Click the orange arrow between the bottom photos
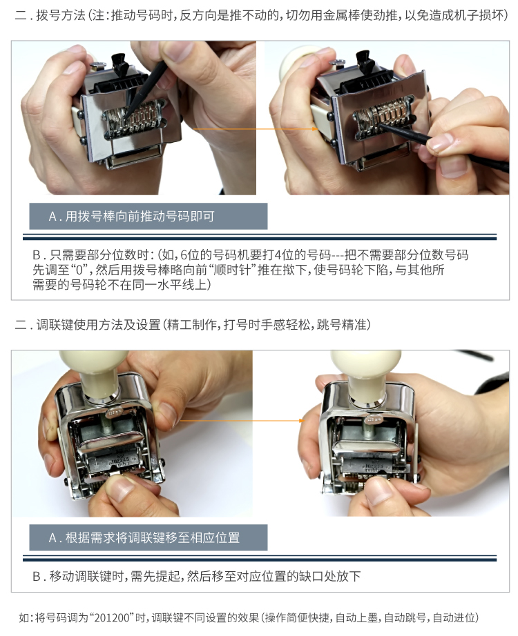242,421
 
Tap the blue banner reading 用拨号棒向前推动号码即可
148,216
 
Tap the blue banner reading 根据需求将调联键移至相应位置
148,537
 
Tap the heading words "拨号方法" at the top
61,15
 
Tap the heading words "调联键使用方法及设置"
98,324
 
